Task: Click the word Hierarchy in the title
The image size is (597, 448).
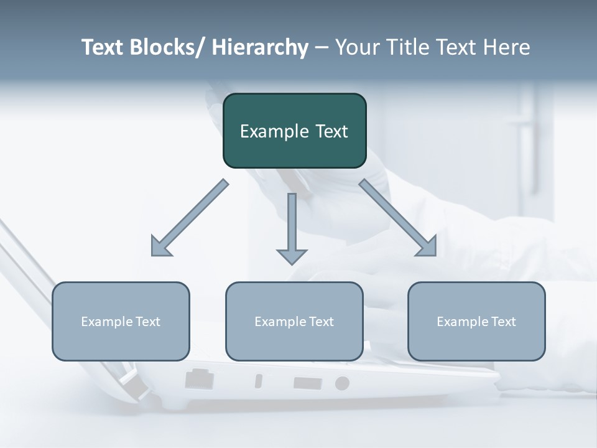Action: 259,47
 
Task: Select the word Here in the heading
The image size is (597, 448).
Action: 507,47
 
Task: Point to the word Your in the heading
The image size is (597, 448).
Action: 356,47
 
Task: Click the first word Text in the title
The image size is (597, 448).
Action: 103,47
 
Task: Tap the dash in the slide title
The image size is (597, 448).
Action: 322,48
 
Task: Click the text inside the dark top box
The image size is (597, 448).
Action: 294,131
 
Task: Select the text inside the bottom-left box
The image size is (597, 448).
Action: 121,322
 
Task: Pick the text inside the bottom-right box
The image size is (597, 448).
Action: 476,322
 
